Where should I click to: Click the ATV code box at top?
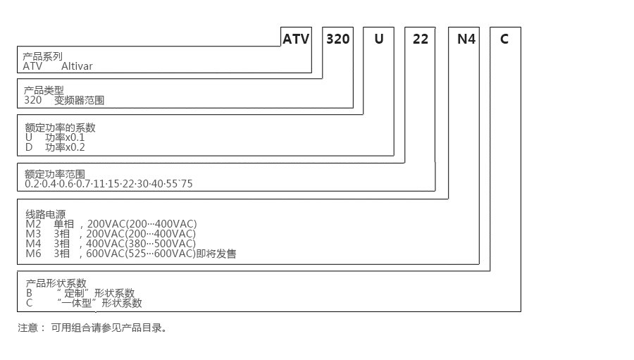pos(296,39)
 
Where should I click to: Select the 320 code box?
pos(338,39)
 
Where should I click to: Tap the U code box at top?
pos(379,39)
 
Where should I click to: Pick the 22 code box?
pos(420,39)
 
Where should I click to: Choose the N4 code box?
pos(466,39)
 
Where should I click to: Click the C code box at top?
pos(504,39)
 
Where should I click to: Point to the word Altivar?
pos(77,67)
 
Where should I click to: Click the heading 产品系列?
pos(43,56)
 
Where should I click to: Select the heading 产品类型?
pos(44,90)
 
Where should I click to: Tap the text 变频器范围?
pos(79,101)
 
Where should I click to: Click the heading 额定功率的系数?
pos(60,128)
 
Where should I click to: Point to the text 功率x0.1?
pos(65,137)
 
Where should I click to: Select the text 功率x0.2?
pos(65,147)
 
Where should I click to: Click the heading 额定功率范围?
pos(55,173)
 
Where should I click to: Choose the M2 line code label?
pos(33,224)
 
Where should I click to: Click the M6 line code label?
pos(33,254)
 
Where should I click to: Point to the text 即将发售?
pos(216,254)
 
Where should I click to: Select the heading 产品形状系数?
pos(55,283)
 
